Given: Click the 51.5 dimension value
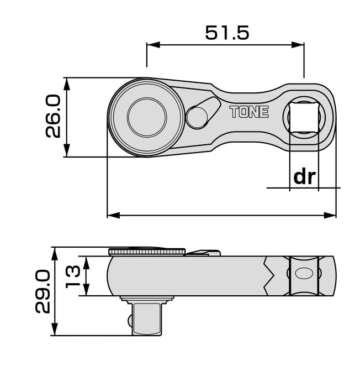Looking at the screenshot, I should [x=227, y=33].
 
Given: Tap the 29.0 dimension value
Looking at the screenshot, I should [x=44, y=292].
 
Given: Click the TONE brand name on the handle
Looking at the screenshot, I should [x=249, y=112].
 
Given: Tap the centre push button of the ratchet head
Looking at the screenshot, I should [x=147, y=117].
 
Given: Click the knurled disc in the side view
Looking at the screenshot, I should [x=147, y=252].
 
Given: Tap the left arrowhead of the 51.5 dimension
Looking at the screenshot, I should [x=151, y=46].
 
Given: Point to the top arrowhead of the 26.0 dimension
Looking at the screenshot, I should [x=66, y=82].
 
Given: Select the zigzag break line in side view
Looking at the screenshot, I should [x=269, y=275].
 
